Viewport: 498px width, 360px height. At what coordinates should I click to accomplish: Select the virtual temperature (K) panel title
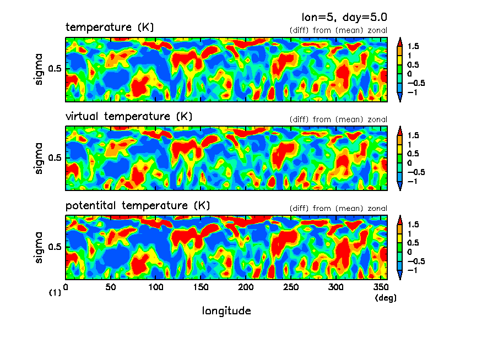128,116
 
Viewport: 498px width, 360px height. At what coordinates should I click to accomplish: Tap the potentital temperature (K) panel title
138,205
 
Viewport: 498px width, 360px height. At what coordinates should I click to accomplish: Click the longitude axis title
226,311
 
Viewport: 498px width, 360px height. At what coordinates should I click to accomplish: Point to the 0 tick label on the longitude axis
66,287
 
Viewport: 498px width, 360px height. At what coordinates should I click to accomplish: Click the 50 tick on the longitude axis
111,287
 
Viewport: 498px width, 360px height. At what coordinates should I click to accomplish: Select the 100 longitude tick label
156,287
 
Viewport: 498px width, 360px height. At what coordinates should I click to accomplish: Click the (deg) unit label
385,298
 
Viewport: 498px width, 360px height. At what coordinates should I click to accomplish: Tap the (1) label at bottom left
55,293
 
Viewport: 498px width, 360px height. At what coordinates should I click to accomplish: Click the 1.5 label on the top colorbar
413,46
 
